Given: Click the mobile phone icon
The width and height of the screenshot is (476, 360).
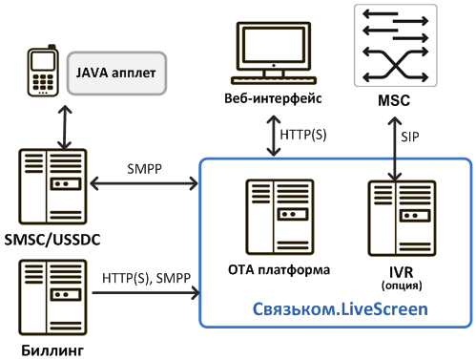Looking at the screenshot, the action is click(x=43, y=71).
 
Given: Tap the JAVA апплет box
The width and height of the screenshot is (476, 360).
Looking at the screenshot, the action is click(x=116, y=74).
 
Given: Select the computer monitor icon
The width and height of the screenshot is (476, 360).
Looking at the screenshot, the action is click(x=274, y=53).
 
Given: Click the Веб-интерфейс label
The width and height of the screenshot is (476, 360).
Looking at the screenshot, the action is click(x=273, y=98).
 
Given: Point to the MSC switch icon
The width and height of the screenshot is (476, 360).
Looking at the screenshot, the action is click(x=396, y=45).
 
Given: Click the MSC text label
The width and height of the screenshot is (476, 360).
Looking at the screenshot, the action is click(x=394, y=100).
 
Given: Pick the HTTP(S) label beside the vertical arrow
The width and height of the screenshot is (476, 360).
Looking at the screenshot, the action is click(x=303, y=135).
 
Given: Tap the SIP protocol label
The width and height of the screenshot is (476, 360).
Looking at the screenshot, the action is click(x=410, y=137).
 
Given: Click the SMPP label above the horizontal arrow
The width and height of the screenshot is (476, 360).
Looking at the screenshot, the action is click(x=144, y=169).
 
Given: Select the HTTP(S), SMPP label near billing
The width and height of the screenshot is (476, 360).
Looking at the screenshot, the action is click(x=146, y=278).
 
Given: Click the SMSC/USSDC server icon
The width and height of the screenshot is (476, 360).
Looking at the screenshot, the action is click(x=52, y=186).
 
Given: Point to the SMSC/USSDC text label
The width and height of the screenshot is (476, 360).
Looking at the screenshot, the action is click(x=52, y=240).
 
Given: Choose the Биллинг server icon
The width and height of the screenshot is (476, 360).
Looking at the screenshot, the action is click(x=52, y=297).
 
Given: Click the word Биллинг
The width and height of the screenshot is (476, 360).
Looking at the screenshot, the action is click(x=52, y=350).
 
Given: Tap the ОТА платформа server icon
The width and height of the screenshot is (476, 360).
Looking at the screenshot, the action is click(x=279, y=217).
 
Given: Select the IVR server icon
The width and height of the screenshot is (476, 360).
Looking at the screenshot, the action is click(x=402, y=219).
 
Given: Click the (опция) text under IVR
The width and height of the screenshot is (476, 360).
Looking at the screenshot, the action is click(x=402, y=286).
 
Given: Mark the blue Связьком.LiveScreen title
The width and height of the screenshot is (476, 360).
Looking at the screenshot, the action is click(x=341, y=309).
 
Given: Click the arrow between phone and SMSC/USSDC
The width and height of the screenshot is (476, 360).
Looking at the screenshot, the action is click(x=65, y=127).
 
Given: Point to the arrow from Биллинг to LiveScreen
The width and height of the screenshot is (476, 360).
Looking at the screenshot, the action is click(x=146, y=292).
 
